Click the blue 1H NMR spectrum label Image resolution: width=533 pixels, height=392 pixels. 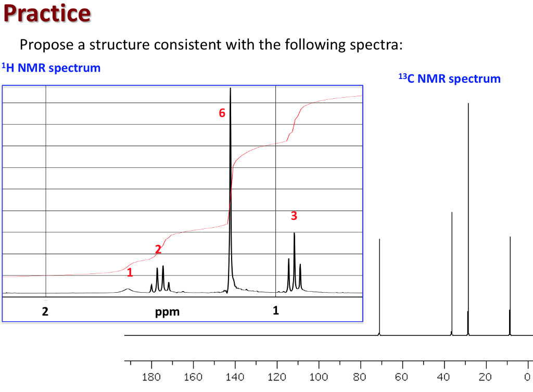(51, 68)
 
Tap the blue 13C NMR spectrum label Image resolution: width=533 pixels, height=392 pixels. (449, 79)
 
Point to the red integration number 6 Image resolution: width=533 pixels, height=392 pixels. (222, 113)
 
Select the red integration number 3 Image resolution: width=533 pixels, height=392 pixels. (294, 215)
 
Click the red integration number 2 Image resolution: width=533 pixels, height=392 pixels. (158, 250)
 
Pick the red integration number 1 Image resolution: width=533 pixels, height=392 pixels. (130, 272)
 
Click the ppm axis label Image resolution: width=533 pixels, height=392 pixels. (167, 312)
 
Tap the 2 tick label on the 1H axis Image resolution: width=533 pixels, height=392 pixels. (45, 312)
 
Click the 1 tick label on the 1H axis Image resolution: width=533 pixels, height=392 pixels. (276, 311)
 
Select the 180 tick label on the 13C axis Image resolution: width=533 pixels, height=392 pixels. (151, 377)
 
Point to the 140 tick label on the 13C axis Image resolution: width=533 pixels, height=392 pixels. (235, 377)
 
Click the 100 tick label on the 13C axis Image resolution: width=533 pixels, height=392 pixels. (319, 377)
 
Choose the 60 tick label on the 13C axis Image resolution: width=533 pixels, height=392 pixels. (402, 377)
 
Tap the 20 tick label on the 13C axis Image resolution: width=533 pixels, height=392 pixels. (486, 377)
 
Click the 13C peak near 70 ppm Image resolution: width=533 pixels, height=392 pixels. (379, 286)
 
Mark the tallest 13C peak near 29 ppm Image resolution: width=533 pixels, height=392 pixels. (468, 208)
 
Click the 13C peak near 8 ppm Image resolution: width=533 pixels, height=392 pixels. (510, 286)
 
